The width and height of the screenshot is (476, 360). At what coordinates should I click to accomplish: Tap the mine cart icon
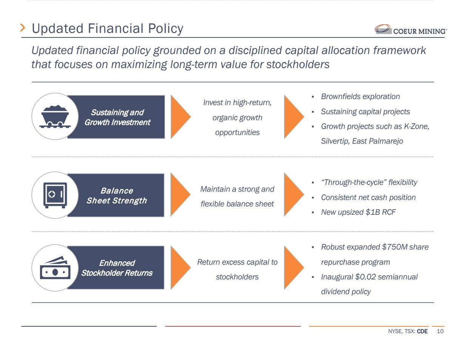point(55,116)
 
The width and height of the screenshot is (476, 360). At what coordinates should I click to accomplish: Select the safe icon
point(55,195)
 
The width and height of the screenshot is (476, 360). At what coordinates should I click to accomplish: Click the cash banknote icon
point(55,268)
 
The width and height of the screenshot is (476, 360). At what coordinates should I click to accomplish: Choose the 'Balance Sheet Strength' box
point(116,196)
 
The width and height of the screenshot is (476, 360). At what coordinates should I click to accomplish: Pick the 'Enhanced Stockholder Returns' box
point(116,268)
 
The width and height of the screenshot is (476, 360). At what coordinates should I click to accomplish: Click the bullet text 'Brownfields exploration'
point(360,97)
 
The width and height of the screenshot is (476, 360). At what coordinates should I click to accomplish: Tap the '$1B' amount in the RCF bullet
point(373,213)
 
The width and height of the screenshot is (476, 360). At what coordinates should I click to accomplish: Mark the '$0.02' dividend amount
point(365,277)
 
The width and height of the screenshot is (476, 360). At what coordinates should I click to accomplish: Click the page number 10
point(440,332)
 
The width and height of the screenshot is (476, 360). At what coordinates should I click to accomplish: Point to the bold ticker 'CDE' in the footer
point(422,332)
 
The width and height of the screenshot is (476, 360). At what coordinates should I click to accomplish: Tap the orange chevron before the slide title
point(23,28)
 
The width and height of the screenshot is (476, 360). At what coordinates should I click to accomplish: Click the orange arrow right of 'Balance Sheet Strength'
point(180,194)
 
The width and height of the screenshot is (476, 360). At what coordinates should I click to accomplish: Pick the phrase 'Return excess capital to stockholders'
point(237,270)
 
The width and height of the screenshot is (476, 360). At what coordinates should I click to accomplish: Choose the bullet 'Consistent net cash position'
point(368,198)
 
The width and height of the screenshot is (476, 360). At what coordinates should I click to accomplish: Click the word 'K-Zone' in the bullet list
point(416,127)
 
